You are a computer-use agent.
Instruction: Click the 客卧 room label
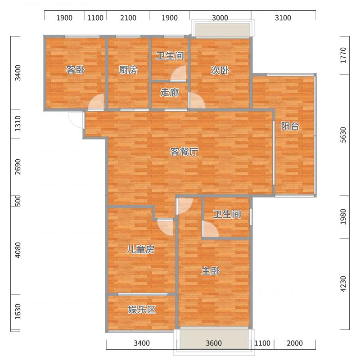[x=76, y=70]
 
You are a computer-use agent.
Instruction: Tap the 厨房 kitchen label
[x=128, y=70]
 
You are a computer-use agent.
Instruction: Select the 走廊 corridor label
[x=170, y=92]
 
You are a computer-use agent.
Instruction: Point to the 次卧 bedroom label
[x=220, y=70]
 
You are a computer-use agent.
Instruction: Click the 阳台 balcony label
[x=290, y=126]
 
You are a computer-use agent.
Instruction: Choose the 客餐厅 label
[x=184, y=152]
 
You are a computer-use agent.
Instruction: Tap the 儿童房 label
[x=140, y=249]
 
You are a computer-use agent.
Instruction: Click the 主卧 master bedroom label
[x=211, y=271]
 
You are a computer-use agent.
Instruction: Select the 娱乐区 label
[x=142, y=310]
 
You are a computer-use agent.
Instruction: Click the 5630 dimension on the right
[x=343, y=135]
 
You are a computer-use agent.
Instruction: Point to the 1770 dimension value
[x=343, y=55]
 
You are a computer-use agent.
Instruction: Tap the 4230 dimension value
[x=343, y=284]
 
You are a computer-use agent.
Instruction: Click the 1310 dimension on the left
[x=18, y=123]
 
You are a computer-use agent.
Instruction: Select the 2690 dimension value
[x=18, y=166]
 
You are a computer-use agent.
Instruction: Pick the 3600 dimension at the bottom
[x=213, y=343]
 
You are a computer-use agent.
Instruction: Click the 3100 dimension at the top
[x=283, y=18]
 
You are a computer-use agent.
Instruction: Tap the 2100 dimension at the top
[x=128, y=18]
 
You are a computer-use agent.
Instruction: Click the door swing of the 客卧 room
[x=96, y=102]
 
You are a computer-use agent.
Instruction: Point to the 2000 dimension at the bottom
[x=295, y=343]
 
